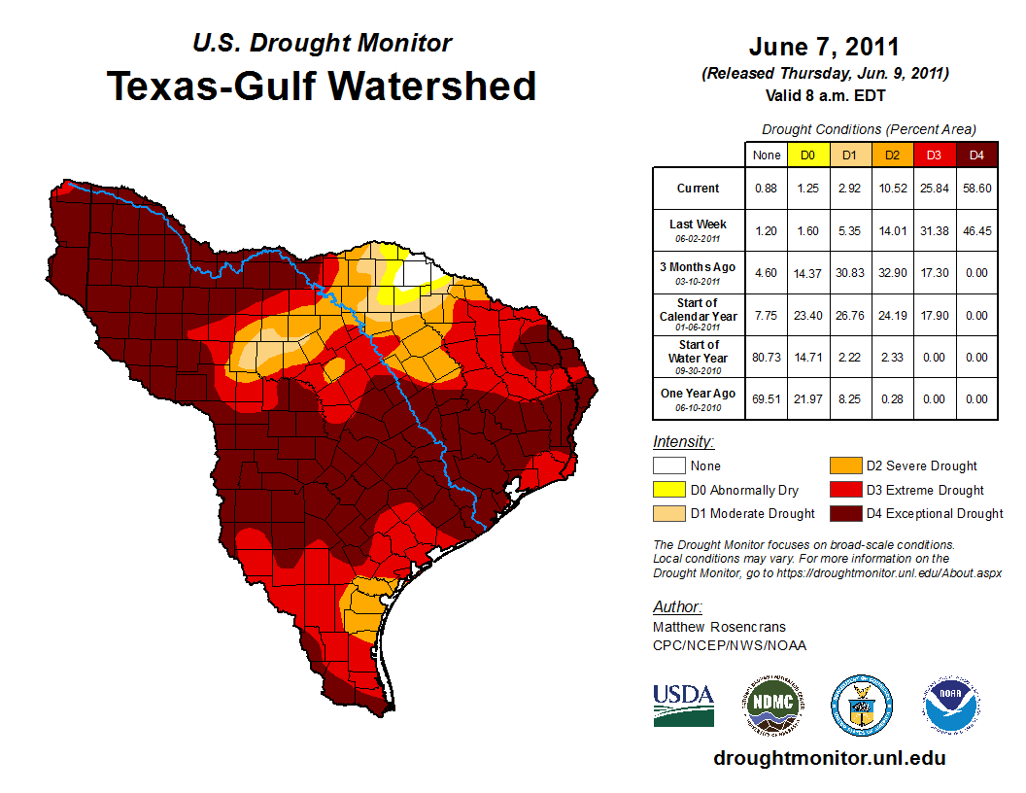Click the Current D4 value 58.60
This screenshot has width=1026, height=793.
click(x=977, y=189)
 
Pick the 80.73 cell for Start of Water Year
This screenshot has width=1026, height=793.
click(x=766, y=358)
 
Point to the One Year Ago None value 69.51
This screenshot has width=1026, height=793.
click(x=766, y=398)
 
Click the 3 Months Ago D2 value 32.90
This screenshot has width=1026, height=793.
click(x=893, y=273)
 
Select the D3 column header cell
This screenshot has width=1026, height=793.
click(x=935, y=155)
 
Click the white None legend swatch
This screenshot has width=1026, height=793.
click(x=667, y=466)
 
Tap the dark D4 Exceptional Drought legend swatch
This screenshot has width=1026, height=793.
click(x=844, y=513)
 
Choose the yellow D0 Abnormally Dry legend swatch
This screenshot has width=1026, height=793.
click(x=667, y=490)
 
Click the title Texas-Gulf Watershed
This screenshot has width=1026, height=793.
click(x=321, y=86)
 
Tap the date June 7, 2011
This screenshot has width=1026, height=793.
click(x=824, y=47)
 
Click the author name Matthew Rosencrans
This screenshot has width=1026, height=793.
click(x=719, y=627)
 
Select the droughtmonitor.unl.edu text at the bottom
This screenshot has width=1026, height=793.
click(x=829, y=758)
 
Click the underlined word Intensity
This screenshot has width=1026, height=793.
click(x=683, y=441)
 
